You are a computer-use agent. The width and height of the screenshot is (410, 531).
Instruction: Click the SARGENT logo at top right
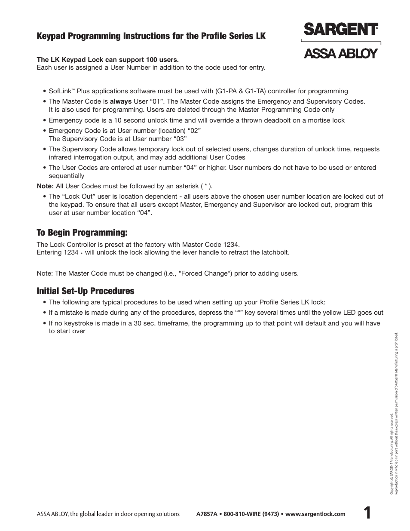340,29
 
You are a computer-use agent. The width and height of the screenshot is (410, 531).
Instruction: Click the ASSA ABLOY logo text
341,53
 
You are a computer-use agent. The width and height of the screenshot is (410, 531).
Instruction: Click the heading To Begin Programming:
82,233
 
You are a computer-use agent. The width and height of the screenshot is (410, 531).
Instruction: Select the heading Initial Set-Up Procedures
85,291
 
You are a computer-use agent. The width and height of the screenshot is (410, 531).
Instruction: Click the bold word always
121,101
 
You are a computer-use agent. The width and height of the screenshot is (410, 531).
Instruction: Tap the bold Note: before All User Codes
45,186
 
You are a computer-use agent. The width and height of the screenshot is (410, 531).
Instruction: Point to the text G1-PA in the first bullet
228,91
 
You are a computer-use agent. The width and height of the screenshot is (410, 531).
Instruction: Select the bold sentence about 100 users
107,60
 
